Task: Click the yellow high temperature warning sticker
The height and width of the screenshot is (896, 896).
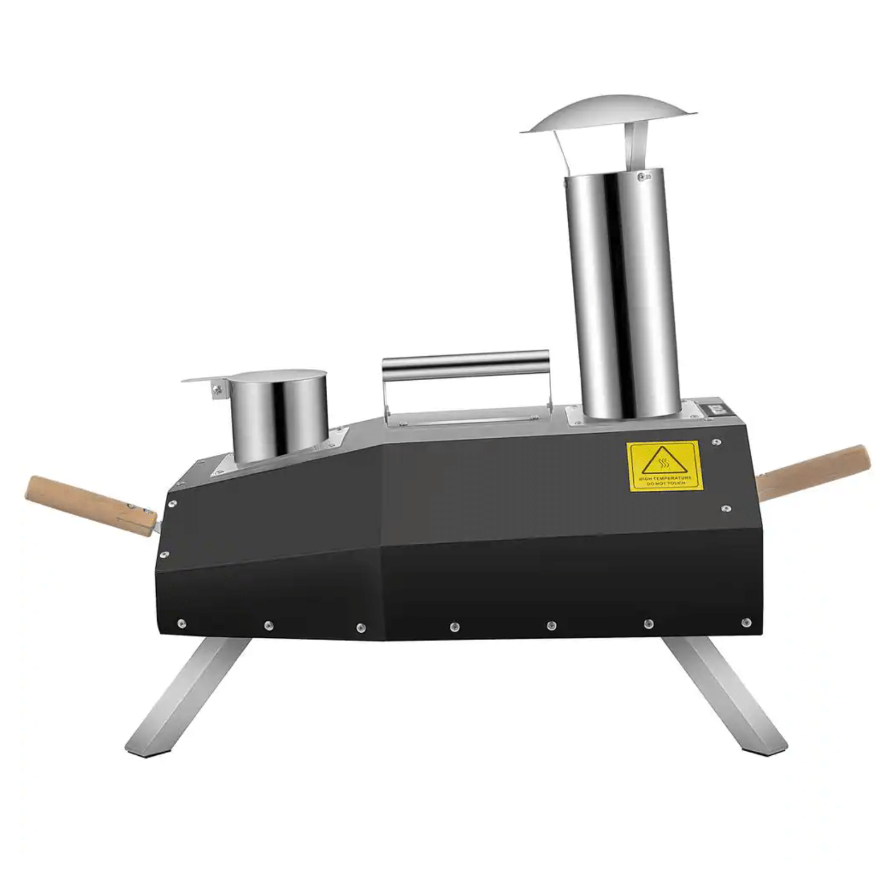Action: [664, 466]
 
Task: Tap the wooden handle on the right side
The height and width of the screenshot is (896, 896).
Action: [815, 473]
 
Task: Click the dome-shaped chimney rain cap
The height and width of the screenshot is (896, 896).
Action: [609, 115]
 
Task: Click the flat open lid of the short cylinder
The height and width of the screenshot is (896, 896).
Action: [205, 378]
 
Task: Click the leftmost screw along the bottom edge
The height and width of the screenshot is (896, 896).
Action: [182, 624]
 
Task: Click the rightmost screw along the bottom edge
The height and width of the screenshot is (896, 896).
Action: [746, 622]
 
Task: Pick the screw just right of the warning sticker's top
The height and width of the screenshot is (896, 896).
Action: [716, 442]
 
